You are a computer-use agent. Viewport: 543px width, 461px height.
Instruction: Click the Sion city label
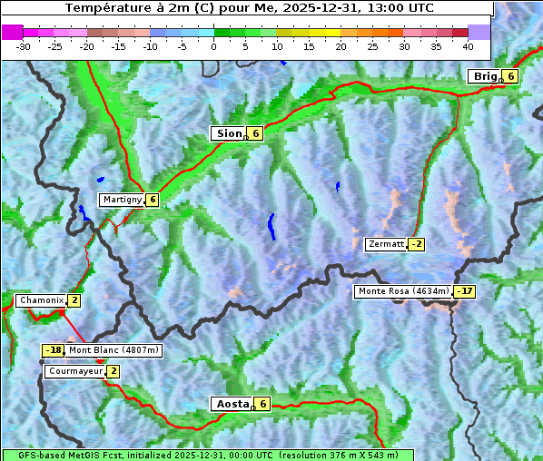(x=228, y=133)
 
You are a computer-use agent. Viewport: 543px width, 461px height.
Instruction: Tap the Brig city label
(x=484, y=76)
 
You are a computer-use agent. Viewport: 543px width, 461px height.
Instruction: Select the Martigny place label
(x=122, y=200)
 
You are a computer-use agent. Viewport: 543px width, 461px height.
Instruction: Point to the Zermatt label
(x=386, y=244)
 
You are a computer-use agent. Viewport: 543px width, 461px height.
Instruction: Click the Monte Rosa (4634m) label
(x=403, y=291)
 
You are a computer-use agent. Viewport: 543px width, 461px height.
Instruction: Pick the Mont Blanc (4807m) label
(x=114, y=350)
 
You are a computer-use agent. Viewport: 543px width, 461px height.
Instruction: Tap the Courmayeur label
(x=75, y=371)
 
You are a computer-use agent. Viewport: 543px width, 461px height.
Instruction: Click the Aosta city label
(x=231, y=404)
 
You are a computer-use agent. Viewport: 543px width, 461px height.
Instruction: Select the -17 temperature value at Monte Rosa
(x=464, y=291)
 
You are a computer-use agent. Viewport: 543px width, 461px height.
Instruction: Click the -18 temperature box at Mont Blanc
(x=53, y=350)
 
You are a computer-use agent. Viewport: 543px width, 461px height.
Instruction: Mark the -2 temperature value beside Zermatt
(x=416, y=244)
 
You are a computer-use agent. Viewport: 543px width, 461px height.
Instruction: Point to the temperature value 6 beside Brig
(x=511, y=76)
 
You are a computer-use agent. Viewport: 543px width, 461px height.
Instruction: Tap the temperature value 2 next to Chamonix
(x=74, y=300)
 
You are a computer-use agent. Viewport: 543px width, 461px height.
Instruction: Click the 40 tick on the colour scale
(x=468, y=45)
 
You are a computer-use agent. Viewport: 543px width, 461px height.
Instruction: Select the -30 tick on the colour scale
(x=24, y=45)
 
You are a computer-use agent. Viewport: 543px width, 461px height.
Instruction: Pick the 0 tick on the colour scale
(x=214, y=45)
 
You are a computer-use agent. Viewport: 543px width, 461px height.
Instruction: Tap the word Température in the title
(x=103, y=8)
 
